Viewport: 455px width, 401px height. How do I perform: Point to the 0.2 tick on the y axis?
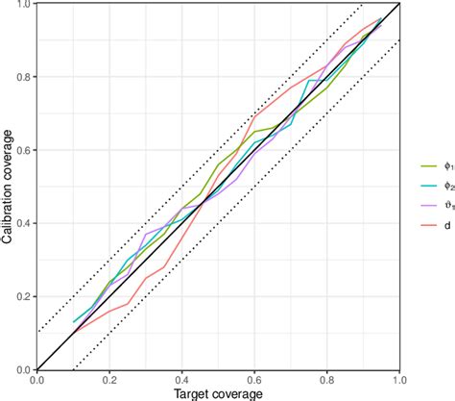[x=23, y=296]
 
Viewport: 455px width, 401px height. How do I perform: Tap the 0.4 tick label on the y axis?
[x=23, y=223]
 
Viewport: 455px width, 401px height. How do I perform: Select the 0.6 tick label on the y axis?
[x=23, y=150]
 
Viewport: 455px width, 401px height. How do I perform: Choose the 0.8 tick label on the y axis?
[x=23, y=77]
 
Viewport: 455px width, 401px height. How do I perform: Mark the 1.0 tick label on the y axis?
[x=23, y=5]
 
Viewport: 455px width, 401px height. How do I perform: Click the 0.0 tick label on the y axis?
[x=23, y=368]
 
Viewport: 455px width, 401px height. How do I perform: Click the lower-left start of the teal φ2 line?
[x=73, y=322]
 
